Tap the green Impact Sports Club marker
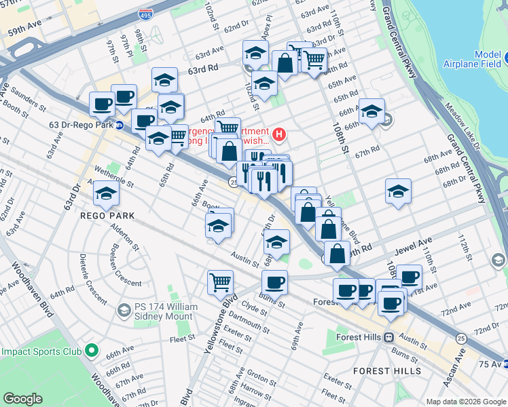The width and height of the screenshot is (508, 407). coord(92,352)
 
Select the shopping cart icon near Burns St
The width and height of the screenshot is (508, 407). coord(221,282)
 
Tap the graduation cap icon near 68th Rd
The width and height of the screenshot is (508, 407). coord(398,191)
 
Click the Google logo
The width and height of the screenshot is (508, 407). coord(22,399)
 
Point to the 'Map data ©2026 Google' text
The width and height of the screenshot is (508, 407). coord(465,402)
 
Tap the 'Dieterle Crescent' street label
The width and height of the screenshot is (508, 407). coord(90,278)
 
